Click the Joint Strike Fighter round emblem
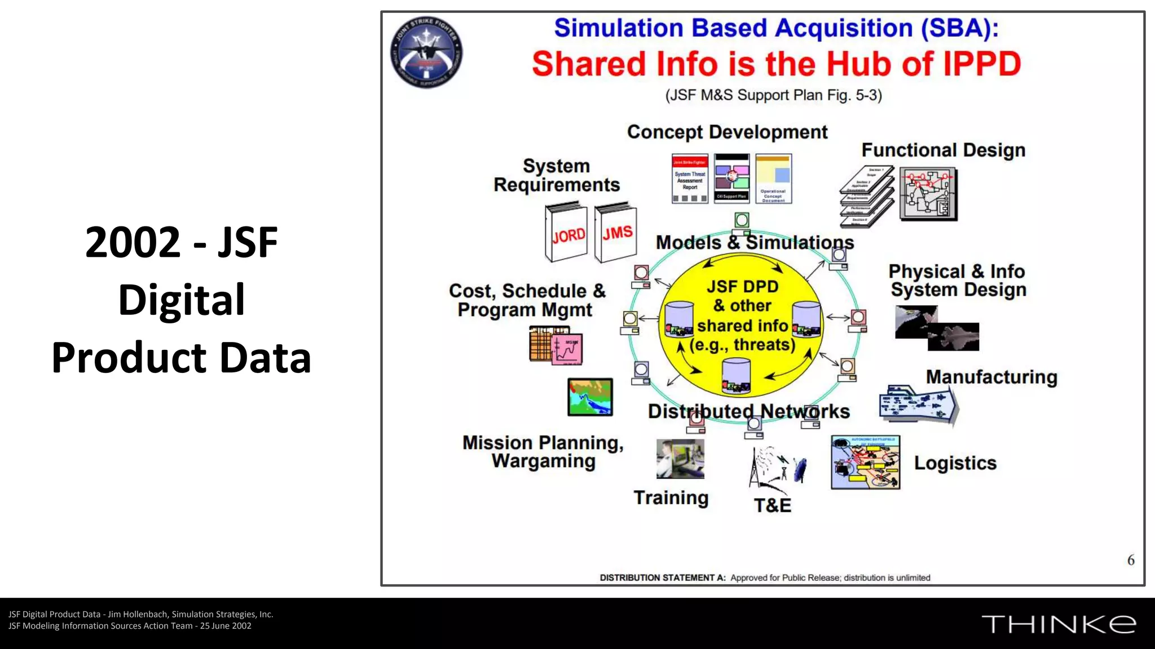pyautogui.click(x=426, y=52)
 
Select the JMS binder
pyautogui.click(x=616, y=232)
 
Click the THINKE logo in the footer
pyautogui.click(x=1059, y=624)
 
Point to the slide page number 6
pyautogui.click(x=1130, y=560)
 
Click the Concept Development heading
pyautogui.click(x=727, y=132)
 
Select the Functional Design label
pyautogui.click(x=943, y=150)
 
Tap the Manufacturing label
pyautogui.click(x=991, y=377)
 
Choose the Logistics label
pyautogui.click(x=955, y=463)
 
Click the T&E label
pyautogui.click(x=773, y=505)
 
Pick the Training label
pyautogui.click(x=671, y=498)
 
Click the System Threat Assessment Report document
pyautogui.click(x=690, y=179)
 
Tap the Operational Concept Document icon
pyautogui.click(x=773, y=179)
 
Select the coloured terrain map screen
pyautogui.click(x=590, y=397)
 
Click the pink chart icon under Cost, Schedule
pyautogui.click(x=566, y=349)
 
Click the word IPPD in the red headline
pyautogui.click(x=982, y=64)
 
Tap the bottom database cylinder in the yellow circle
pyautogui.click(x=736, y=376)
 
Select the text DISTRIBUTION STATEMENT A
pyautogui.click(x=662, y=577)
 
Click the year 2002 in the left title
pyautogui.click(x=133, y=242)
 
